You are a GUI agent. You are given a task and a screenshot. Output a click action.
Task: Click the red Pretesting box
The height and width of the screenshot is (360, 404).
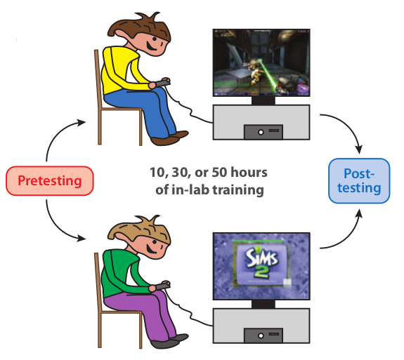point(50,180)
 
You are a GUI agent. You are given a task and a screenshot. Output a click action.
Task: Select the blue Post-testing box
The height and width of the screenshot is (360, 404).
point(359,180)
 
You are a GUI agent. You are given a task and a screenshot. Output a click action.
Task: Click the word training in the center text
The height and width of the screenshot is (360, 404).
point(238,190)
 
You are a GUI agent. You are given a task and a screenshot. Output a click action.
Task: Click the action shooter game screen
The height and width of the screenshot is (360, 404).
point(261,62)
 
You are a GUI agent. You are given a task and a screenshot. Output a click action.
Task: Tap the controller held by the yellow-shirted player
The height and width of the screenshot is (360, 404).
point(162,83)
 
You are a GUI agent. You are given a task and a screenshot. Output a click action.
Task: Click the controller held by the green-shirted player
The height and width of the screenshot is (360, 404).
point(162,286)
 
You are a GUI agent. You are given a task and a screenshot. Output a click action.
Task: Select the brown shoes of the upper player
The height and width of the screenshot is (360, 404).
point(169,138)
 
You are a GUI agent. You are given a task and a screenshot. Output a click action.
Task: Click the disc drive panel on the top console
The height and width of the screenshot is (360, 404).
point(263,132)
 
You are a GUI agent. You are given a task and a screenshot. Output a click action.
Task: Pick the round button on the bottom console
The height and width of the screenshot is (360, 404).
point(261,335)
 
